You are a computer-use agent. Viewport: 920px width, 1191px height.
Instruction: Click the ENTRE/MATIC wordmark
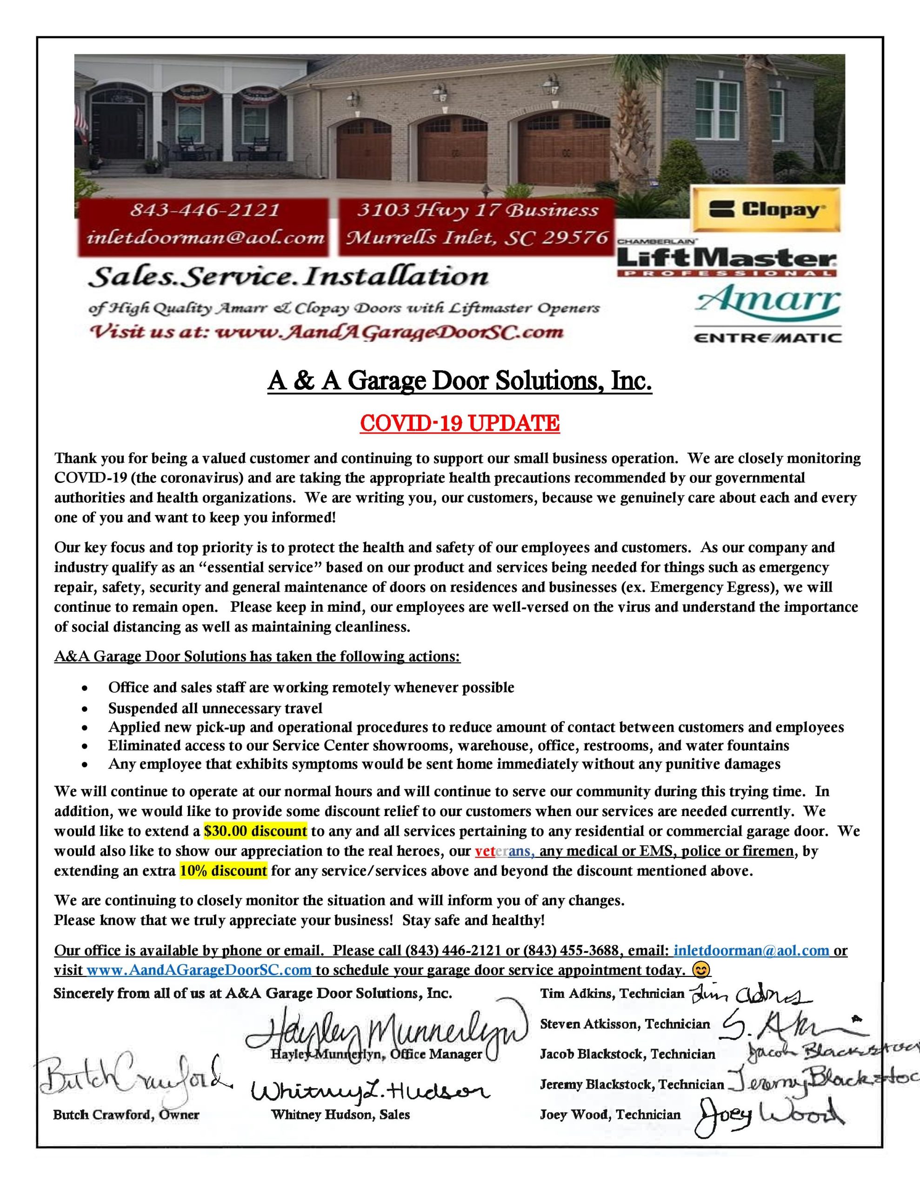(767, 338)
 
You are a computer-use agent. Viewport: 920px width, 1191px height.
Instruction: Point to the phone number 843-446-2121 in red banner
(205, 210)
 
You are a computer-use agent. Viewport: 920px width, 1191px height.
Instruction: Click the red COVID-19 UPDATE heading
(460, 423)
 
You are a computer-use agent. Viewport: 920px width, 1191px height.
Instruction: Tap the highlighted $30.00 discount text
(255, 831)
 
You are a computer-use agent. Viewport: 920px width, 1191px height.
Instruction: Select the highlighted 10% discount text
(224, 871)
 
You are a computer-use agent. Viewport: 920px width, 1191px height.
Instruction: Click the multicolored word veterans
(505, 851)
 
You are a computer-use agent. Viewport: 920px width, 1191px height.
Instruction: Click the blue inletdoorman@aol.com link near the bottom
(752, 950)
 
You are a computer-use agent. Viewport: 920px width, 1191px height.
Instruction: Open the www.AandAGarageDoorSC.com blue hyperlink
(199, 970)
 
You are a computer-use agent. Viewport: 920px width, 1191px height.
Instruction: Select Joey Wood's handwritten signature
(769, 1115)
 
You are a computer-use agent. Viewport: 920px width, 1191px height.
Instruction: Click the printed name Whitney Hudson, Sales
(340, 1115)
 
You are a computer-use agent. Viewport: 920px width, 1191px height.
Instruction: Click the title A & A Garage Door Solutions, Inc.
(460, 381)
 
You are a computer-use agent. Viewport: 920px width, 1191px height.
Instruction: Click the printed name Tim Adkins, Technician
(612, 994)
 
